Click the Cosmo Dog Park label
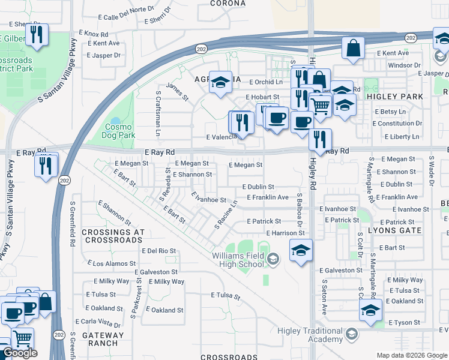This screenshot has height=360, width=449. click(x=120, y=131)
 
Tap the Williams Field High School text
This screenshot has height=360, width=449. click(x=237, y=260)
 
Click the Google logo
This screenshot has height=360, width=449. click(x=20, y=353)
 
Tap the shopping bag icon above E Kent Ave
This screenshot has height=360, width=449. click(x=354, y=47)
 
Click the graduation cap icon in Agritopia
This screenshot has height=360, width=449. click(x=220, y=82)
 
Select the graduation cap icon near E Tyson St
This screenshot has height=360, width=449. click(x=370, y=310)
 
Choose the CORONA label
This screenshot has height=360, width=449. click(x=228, y=3)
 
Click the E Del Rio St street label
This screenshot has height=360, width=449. click(x=158, y=251)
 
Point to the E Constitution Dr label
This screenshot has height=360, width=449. click(x=397, y=124)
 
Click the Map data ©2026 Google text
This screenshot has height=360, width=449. click(x=412, y=355)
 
